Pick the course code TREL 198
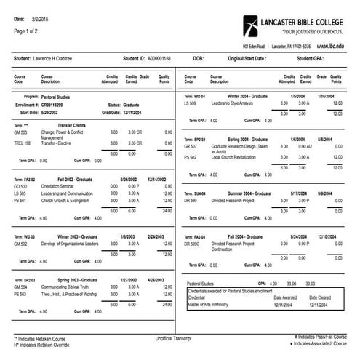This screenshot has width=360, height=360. pyautogui.click(x=22, y=143)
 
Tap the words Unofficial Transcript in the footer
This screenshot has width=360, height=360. pyautogui.click(x=180, y=339)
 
